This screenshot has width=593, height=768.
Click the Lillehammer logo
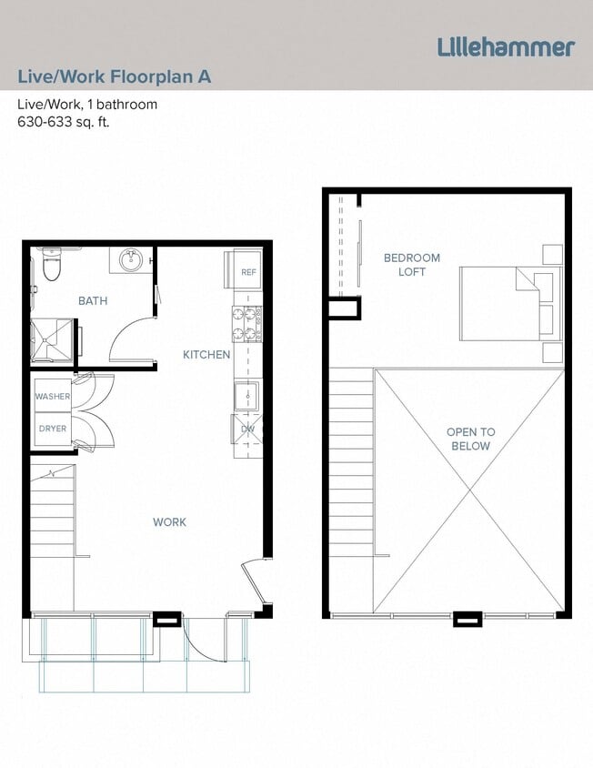(506, 46)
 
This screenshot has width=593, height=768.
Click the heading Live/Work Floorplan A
(115, 76)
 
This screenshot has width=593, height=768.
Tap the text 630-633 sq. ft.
(63, 122)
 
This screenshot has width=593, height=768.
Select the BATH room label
(93, 301)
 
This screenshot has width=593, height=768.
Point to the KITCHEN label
(206, 354)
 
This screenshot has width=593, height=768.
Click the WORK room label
(169, 521)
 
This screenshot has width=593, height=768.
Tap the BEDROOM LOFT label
(411, 265)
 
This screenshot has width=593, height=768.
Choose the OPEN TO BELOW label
(469, 439)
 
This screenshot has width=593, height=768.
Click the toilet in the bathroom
(51, 267)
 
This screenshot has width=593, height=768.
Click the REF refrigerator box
(248, 272)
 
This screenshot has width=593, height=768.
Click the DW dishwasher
(247, 429)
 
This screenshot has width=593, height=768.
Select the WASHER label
(53, 397)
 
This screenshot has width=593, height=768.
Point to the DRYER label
(53, 428)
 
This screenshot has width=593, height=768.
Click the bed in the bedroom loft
(505, 306)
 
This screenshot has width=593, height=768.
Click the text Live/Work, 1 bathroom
(87, 104)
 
